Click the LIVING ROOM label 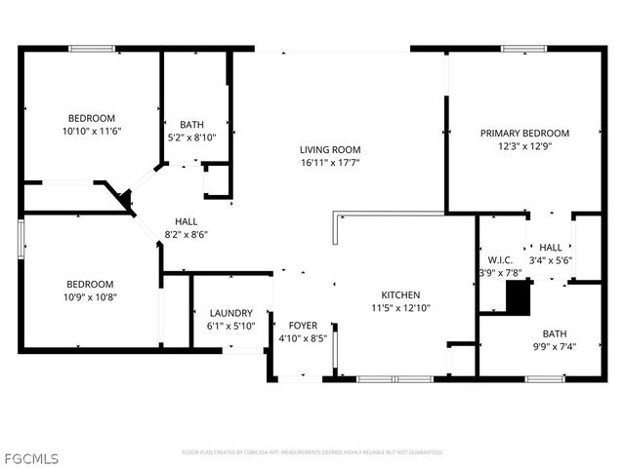330,150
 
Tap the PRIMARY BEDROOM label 524,134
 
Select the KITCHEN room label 400,294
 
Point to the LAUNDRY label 231,313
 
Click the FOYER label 303,325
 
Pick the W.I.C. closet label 498,260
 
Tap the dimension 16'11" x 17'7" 330,164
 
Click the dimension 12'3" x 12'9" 524,147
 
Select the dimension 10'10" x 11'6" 91,130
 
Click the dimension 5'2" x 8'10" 191,137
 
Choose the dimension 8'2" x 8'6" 186,234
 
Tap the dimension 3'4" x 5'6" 551,260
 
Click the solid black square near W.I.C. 517,296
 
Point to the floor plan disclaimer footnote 312,452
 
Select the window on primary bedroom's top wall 523,47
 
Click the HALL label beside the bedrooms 186,221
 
